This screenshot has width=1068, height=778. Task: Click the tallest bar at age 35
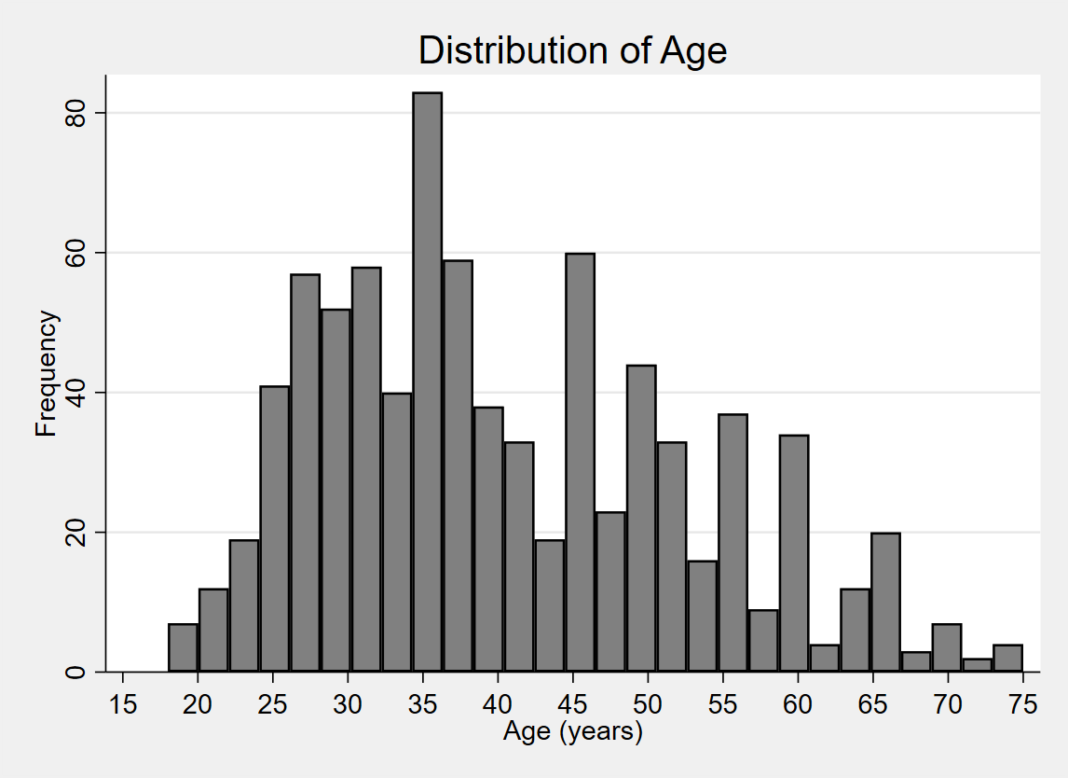click(428, 382)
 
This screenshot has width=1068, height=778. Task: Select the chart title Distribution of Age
click(572, 50)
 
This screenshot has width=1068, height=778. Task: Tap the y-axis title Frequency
click(47, 374)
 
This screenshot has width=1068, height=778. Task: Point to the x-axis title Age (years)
click(573, 732)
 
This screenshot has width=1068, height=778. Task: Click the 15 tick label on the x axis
click(123, 704)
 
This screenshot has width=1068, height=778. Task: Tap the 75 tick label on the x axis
click(1022, 704)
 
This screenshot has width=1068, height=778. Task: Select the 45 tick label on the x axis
click(573, 704)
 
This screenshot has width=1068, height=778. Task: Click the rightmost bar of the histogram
click(1007, 658)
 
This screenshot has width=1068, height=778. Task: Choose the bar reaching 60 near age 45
click(580, 462)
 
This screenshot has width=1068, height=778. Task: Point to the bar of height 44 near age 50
click(641, 518)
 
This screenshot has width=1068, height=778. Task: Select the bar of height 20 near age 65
click(885, 602)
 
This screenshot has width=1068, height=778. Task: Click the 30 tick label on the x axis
click(348, 704)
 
